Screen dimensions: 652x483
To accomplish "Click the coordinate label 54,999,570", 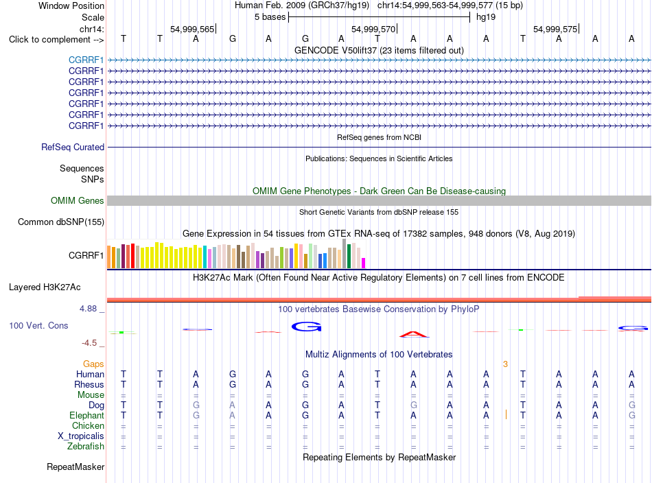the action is pos(373,29).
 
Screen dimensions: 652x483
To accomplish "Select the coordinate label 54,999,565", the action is pos(192,29).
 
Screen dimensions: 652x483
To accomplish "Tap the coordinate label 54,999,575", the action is pos(555,29).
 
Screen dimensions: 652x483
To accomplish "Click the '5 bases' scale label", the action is pos(270,17).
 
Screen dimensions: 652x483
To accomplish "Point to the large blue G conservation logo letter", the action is pos(307,327).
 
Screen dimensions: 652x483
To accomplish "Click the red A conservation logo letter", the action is pos(413,333).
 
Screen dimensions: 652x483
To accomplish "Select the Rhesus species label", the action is pos(89,384).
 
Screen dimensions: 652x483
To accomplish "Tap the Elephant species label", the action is pos(86,415).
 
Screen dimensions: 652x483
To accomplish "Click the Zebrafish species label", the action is pos(86,446).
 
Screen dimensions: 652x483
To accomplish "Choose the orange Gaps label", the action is pos(93,364).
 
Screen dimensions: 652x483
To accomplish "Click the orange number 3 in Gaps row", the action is pos(505,364).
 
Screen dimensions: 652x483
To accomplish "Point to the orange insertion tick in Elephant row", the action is pos(506,414).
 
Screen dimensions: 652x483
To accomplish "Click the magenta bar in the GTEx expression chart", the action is pos(364,263).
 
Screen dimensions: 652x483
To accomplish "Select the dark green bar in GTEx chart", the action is pos(349,256).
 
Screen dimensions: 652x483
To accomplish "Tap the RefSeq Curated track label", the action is pos(73,147).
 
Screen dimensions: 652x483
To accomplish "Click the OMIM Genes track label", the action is pos(78,201).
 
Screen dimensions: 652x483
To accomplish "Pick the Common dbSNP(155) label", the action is pos(61,222).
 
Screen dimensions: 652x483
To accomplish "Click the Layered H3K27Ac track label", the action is pos(45,287).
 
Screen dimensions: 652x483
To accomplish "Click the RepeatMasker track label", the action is pos(75,467).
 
